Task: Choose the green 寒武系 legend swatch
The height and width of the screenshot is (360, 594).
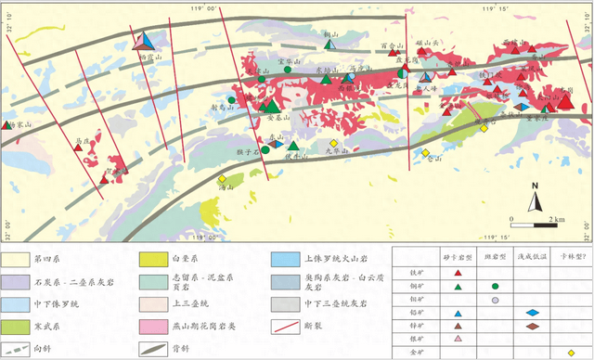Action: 16,327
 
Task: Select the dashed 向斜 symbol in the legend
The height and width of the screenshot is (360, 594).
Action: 16,349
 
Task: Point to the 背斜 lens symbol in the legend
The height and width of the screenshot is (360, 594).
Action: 151,349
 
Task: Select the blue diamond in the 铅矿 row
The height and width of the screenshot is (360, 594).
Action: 533,313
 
